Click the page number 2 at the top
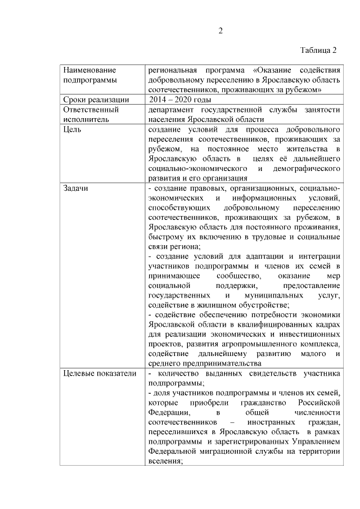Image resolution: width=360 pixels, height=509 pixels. point(221,31)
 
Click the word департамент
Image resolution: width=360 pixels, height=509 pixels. point(174,109)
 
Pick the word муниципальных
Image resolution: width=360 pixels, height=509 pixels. point(273,295)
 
